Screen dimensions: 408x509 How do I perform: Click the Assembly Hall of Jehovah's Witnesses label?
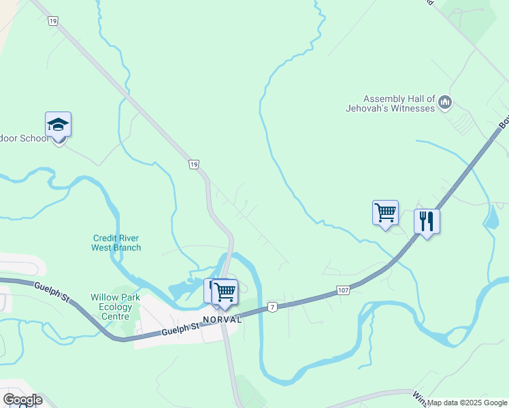pos(399,103)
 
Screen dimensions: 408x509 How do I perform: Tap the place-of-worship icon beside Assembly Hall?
pos(446,103)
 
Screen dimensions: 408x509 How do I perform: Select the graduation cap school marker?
pos(59,125)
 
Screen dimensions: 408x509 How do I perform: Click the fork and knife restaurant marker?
pos(427,222)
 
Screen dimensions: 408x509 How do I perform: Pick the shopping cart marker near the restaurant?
pos(385,214)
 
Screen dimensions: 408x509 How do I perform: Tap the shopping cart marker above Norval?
pos(225,292)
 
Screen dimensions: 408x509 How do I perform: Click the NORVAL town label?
pos(222,319)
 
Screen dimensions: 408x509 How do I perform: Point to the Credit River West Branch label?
pos(116,243)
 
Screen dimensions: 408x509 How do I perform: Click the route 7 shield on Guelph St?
pos(272,307)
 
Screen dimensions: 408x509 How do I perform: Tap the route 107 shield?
pos(344,291)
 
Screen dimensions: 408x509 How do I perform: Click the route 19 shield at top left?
pos(52,22)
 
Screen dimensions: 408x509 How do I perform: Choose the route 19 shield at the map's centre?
pos(194,165)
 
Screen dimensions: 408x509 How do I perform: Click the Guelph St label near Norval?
pos(180,330)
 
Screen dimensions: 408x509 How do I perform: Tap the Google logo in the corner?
pos(22,400)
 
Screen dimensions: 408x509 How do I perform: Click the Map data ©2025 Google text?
pos(467,403)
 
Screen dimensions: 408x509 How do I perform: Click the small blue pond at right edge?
pos(491,216)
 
